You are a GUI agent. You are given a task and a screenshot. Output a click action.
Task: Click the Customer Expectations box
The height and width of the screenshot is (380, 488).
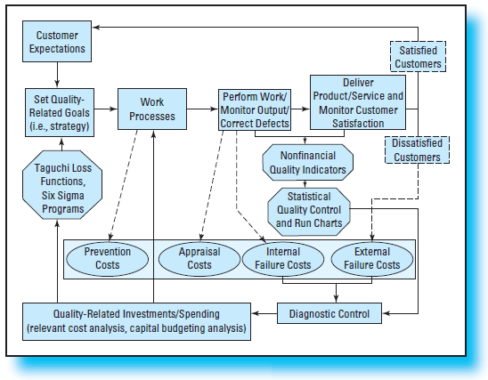pyautogui.click(x=56, y=42)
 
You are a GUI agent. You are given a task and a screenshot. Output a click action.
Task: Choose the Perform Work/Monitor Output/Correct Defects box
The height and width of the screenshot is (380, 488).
pyautogui.click(x=256, y=109)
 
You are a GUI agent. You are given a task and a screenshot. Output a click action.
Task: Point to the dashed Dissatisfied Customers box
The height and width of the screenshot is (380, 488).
pyautogui.click(x=418, y=150)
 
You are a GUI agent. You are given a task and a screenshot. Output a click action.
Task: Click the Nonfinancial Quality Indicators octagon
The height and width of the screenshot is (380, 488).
pyautogui.click(x=308, y=161)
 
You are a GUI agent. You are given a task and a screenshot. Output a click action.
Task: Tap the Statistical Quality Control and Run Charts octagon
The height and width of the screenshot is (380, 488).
pyautogui.click(x=308, y=208)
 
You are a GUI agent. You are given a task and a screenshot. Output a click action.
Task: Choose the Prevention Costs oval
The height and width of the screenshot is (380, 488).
pyautogui.click(x=107, y=258)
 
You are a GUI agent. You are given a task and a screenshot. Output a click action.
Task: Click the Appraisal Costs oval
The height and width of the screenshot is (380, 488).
pyautogui.click(x=199, y=258)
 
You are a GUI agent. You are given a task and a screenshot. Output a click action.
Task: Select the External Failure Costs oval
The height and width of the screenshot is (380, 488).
pyautogui.click(x=371, y=258)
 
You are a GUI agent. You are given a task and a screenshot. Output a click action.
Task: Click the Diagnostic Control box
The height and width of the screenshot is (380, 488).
pyautogui.click(x=330, y=313)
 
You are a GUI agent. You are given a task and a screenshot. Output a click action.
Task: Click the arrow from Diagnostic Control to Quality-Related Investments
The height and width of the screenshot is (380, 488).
pyautogui.click(x=265, y=313)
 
